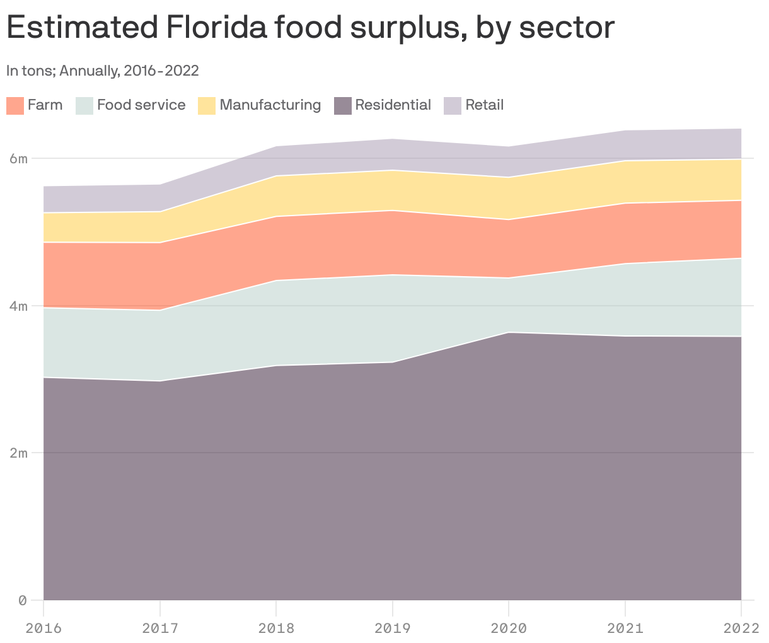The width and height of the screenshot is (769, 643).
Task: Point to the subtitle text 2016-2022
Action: click(x=161, y=71)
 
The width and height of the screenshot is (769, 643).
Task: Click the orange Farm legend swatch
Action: click(x=15, y=105)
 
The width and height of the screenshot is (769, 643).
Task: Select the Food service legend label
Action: click(x=141, y=105)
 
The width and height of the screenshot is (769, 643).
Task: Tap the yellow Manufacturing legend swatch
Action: click(x=207, y=105)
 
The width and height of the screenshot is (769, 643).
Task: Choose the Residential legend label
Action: click(x=393, y=105)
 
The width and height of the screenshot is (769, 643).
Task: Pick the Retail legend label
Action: click(x=484, y=105)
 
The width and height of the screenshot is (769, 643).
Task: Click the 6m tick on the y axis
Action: click(x=18, y=158)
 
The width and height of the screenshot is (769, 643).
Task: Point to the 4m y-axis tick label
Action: click(x=18, y=306)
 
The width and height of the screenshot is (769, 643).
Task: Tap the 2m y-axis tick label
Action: click(x=18, y=453)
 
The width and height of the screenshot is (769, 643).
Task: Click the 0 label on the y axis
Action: click(x=23, y=600)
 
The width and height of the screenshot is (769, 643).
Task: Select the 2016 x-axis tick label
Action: click(x=43, y=628)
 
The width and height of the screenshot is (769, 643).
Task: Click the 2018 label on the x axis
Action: click(x=276, y=628)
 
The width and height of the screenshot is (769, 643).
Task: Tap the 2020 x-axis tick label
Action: click(x=509, y=628)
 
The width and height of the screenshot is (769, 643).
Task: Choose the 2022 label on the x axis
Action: click(x=741, y=628)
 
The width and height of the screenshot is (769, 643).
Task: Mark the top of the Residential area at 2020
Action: click(x=509, y=332)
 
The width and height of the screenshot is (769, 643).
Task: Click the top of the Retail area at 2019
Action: click(x=393, y=139)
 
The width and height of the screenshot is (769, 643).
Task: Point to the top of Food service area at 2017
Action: click(x=160, y=310)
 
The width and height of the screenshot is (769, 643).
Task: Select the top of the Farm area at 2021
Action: click(x=625, y=203)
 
